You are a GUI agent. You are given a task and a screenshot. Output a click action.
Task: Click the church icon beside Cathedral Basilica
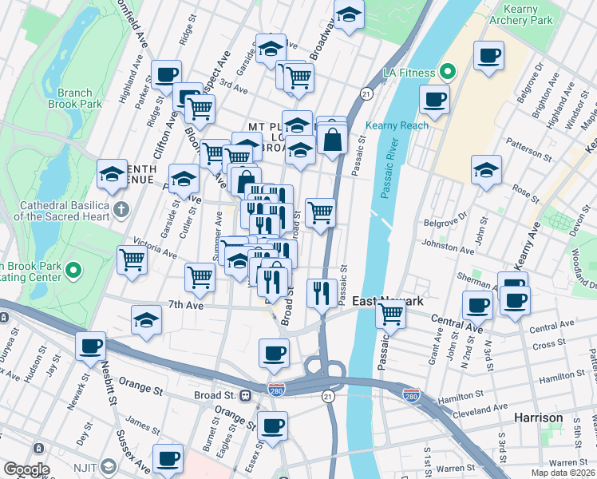tap(121, 211)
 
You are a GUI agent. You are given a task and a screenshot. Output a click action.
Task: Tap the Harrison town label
tap(538, 418)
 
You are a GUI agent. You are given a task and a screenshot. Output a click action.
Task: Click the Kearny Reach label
tap(397, 125)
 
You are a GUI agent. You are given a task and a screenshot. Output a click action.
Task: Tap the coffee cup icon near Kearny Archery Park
tap(488, 56)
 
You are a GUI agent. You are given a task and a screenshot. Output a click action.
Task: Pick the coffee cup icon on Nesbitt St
tap(92, 346)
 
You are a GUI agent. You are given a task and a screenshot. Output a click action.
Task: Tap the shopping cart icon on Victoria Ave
tap(132, 259)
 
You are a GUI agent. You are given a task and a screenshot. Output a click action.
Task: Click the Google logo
tap(26, 469)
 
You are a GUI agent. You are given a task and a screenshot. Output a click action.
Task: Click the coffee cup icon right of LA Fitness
tap(434, 99)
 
